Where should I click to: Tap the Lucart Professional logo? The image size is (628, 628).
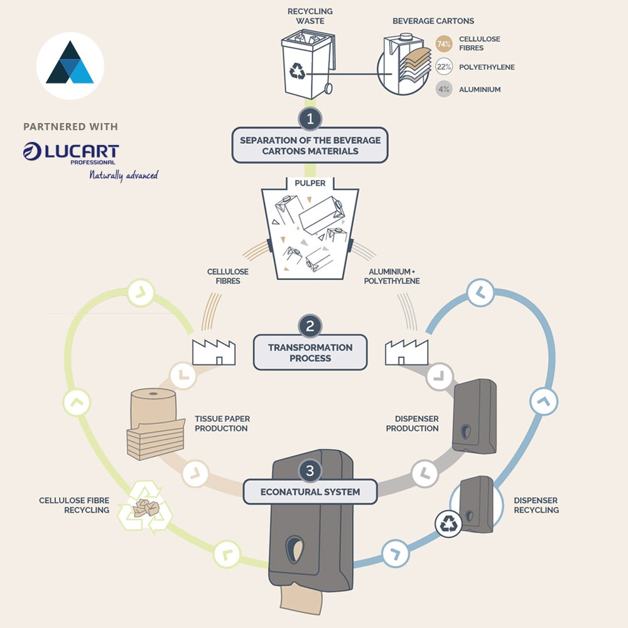(x=70, y=153)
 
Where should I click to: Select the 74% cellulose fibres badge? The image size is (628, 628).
(x=445, y=44)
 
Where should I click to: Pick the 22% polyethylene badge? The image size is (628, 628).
(x=445, y=67)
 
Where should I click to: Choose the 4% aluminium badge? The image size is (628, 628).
(x=445, y=89)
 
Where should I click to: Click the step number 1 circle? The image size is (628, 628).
(x=310, y=118)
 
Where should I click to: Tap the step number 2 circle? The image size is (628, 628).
(x=310, y=326)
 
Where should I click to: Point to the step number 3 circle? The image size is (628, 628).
(x=310, y=470)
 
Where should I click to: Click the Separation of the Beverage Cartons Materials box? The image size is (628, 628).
(x=310, y=145)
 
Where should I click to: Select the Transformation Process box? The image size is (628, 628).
(x=310, y=353)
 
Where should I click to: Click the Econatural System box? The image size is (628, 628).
(x=310, y=492)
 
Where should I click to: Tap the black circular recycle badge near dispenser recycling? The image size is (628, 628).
(x=448, y=524)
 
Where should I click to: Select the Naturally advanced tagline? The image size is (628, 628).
(x=123, y=175)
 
